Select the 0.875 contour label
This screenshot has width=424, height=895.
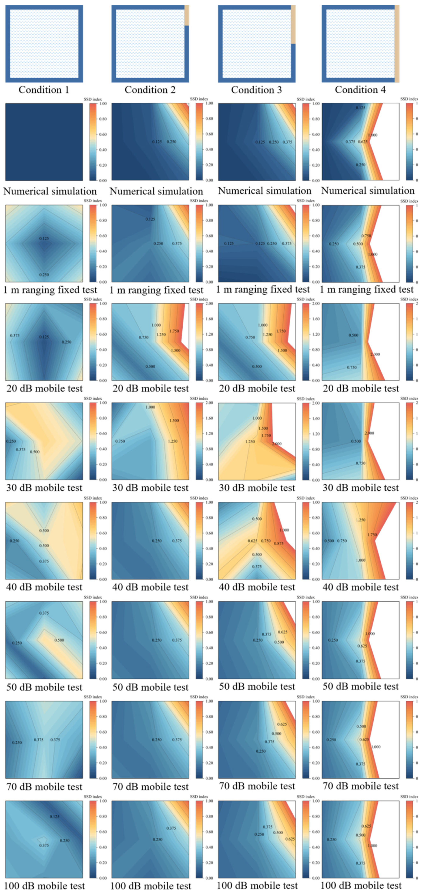279,543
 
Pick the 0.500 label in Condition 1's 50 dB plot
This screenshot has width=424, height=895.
59,640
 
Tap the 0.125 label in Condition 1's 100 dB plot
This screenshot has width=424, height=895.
54,816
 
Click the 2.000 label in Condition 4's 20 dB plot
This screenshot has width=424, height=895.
375,354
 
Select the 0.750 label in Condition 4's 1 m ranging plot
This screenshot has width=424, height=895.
366,236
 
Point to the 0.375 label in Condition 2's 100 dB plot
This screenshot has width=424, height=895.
171,828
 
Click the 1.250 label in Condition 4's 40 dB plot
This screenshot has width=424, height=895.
361,520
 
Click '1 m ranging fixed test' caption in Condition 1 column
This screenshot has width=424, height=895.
50,290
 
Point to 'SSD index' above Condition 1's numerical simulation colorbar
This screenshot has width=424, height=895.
93,99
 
